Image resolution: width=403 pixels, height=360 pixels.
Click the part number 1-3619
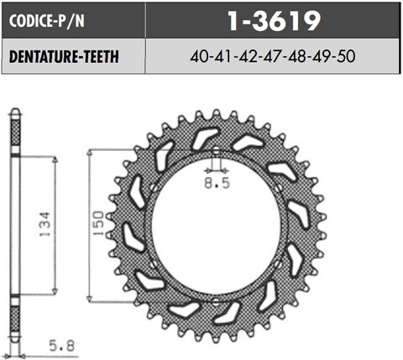[x=274, y=19]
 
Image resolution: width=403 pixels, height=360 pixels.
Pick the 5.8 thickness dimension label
[x=60, y=344]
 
